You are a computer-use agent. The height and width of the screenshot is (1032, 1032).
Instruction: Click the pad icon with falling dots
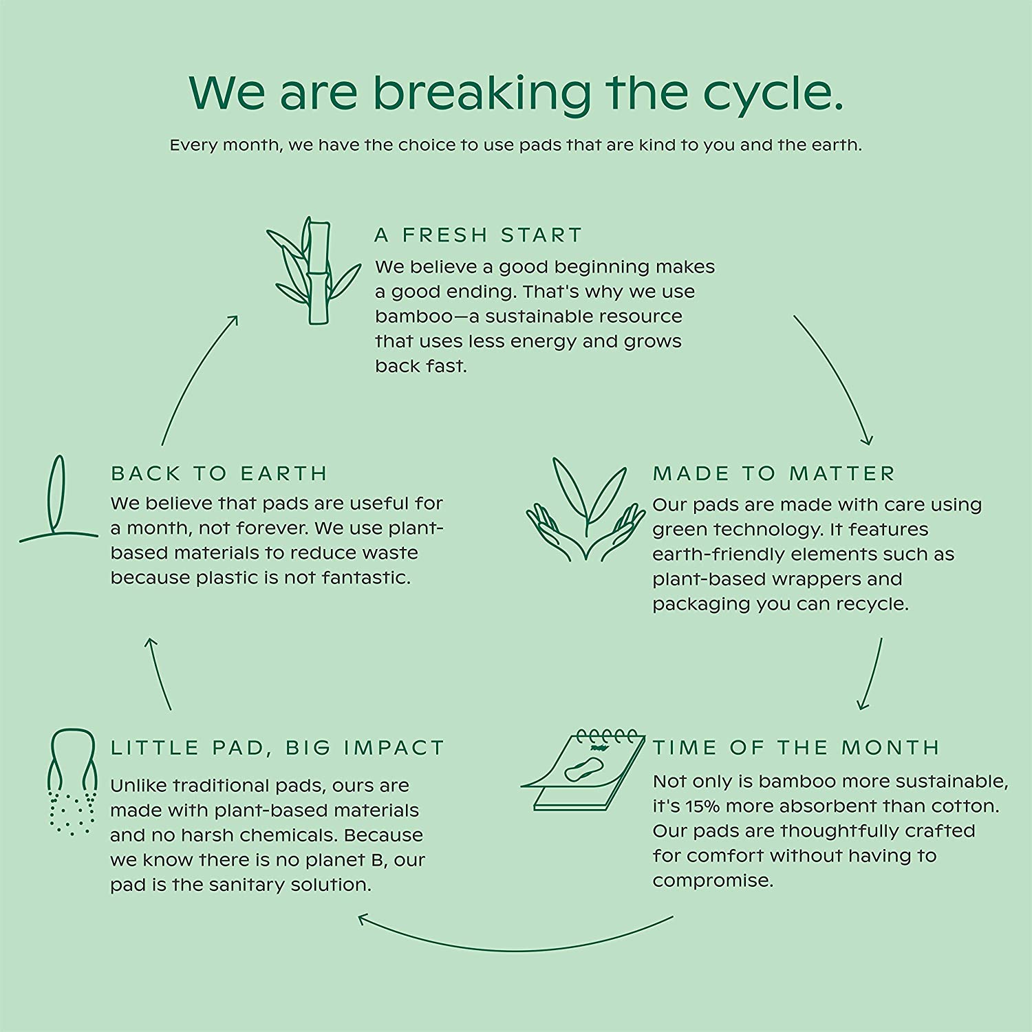(72, 782)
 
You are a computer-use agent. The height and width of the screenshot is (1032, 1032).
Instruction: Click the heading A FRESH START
(478, 235)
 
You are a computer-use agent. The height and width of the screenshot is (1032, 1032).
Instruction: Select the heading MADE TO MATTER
(774, 473)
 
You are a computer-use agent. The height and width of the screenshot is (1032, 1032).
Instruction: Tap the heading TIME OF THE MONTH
(796, 747)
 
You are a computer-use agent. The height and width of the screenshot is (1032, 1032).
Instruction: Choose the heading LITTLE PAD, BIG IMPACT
(278, 748)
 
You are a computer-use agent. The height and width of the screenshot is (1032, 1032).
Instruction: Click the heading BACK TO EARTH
(219, 473)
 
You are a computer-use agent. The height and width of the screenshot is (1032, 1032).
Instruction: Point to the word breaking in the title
(482, 93)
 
